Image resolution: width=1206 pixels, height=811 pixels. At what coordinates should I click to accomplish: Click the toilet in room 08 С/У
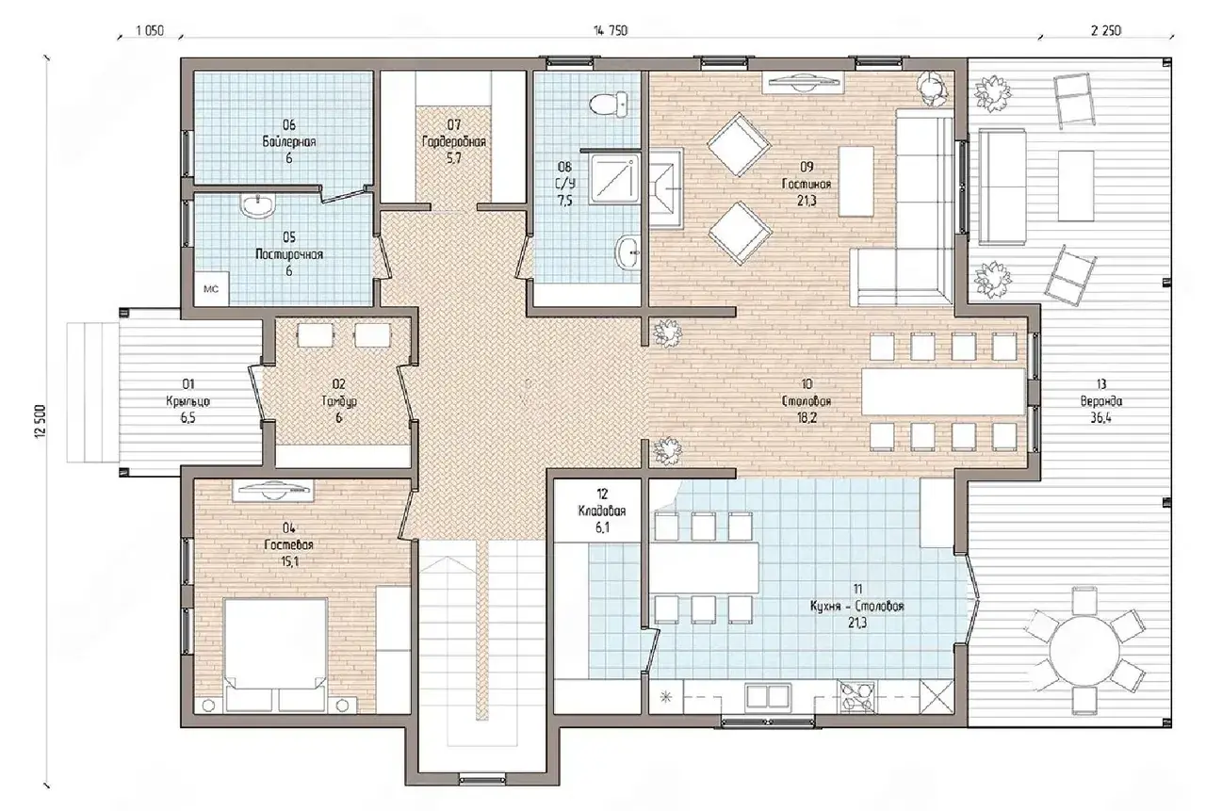click(609, 104)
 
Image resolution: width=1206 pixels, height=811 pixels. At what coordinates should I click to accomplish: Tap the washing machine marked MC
click(212, 289)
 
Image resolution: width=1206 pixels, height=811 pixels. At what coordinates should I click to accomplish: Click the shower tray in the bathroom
click(615, 179)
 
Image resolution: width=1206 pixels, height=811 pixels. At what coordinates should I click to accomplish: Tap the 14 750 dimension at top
click(611, 31)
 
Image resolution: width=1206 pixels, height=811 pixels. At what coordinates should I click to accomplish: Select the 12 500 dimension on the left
click(41, 422)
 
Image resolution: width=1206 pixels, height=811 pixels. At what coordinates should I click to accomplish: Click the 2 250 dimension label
click(1106, 31)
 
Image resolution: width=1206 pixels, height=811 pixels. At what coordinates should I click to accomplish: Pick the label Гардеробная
click(454, 141)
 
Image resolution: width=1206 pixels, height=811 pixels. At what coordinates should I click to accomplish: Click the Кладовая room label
click(602, 511)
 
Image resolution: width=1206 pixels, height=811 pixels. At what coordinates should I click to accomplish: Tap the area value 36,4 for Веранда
click(1101, 417)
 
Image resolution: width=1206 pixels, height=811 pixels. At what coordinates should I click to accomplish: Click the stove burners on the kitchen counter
click(856, 697)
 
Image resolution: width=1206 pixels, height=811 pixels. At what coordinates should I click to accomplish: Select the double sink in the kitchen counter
click(768, 696)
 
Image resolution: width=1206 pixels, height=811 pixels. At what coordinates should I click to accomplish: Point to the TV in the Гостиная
click(803, 83)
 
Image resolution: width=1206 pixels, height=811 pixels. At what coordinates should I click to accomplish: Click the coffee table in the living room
click(856, 182)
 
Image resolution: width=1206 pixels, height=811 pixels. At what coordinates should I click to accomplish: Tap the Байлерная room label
click(289, 141)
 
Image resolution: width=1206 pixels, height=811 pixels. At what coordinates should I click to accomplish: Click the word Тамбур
click(338, 401)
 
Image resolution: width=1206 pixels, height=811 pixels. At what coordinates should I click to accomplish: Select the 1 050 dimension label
click(150, 31)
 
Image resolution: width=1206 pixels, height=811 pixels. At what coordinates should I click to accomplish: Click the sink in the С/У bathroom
click(627, 251)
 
